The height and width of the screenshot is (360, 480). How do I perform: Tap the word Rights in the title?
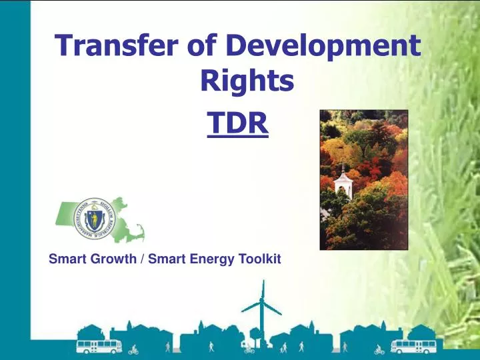[x=247, y=81]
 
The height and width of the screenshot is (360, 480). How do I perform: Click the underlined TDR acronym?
[x=237, y=123]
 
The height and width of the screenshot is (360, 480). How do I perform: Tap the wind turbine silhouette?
[x=261, y=308]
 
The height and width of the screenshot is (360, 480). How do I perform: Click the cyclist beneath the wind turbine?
[x=249, y=348]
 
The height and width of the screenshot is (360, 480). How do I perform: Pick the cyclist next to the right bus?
[x=379, y=348]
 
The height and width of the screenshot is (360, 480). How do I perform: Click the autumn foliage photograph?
[x=363, y=179]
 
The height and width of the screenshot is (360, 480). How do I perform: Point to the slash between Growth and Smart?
[x=143, y=259]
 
